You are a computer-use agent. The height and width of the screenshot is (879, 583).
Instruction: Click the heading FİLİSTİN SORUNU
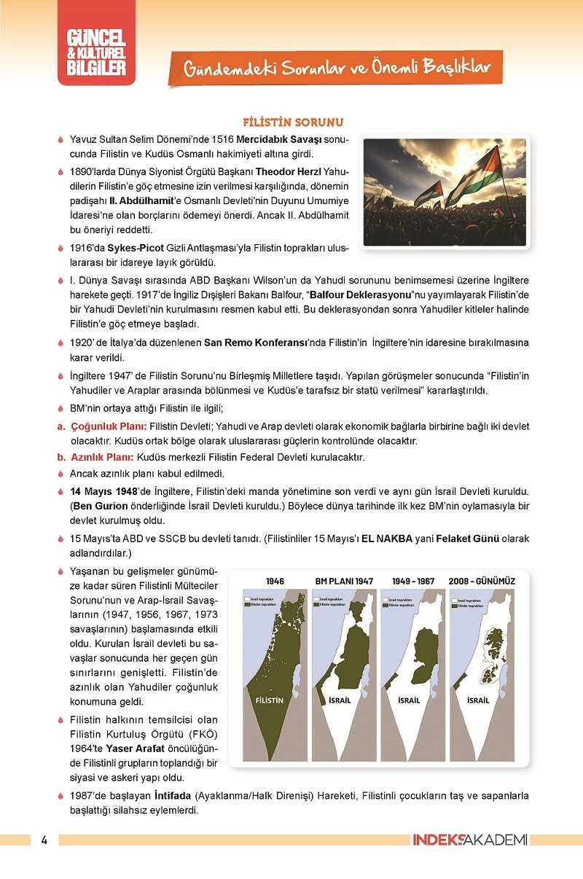pos(293,122)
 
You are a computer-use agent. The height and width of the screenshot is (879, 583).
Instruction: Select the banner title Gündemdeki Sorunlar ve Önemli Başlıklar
pos(337,69)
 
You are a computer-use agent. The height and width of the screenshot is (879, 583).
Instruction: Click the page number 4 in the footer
pos(44,840)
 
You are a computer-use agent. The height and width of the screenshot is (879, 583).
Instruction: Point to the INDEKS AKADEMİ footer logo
pos(469,840)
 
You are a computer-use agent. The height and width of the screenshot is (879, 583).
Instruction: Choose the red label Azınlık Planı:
pos(102,457)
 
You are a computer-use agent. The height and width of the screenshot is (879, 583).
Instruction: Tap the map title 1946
pos(275,581)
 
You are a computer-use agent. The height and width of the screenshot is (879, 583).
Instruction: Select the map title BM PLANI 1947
pos(344,581)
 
